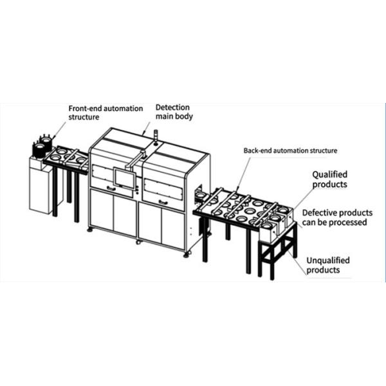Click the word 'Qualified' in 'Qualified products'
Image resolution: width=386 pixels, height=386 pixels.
pos(329,174)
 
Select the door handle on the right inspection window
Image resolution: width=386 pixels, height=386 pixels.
pos(162,203)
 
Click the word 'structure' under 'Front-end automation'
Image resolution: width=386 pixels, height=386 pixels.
pos(84,118)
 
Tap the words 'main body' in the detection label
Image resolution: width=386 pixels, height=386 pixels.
pos(175,116)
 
